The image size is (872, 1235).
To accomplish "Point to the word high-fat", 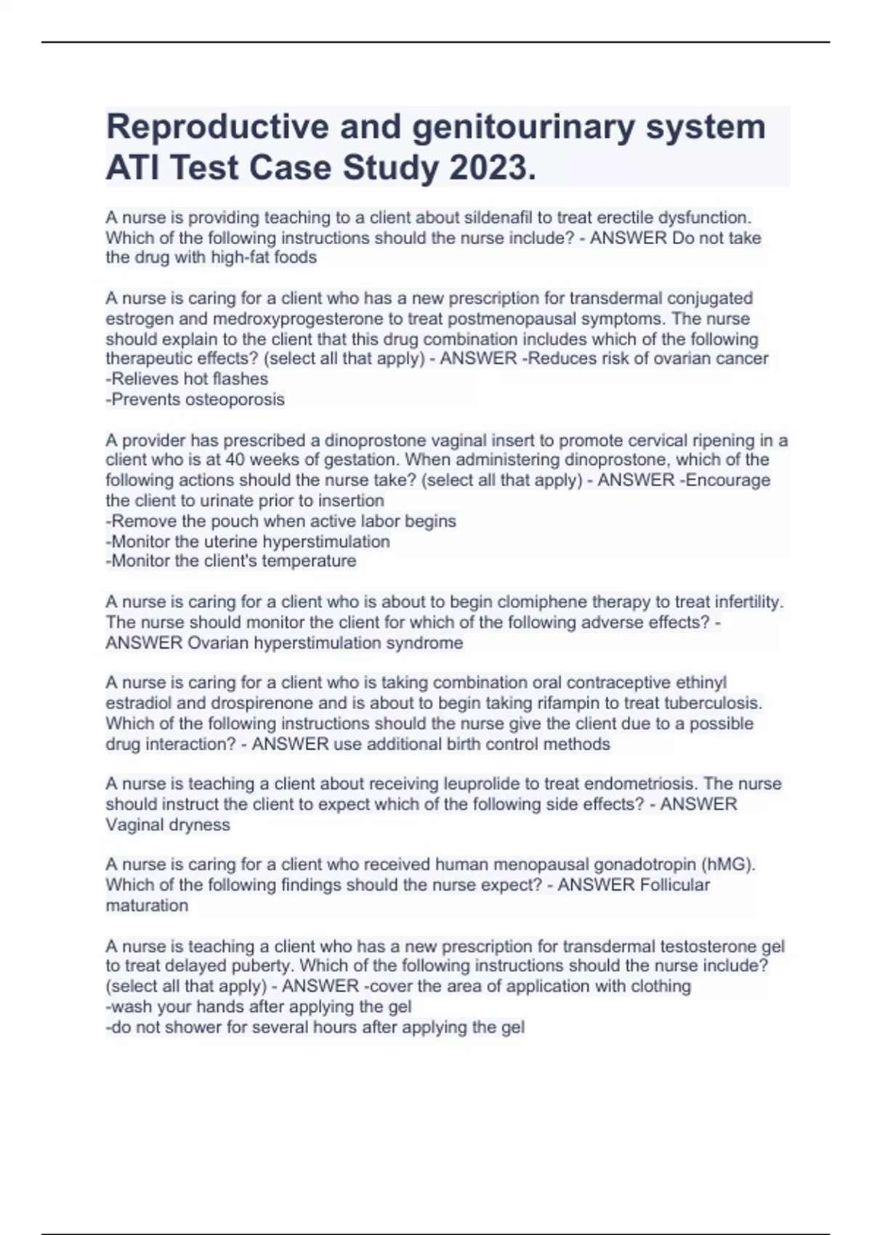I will pyautogui.click(x=240, y=258).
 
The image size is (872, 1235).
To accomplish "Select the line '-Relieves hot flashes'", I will pyautogui.click(x=187, y=379).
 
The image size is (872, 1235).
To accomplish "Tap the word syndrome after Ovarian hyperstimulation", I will pyautogui.click(x=424, y=643).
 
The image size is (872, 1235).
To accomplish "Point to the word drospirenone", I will pyautogui.click(x=258, y=703).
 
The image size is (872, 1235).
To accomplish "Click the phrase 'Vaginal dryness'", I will pyautogui.click(x=168, y=825).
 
